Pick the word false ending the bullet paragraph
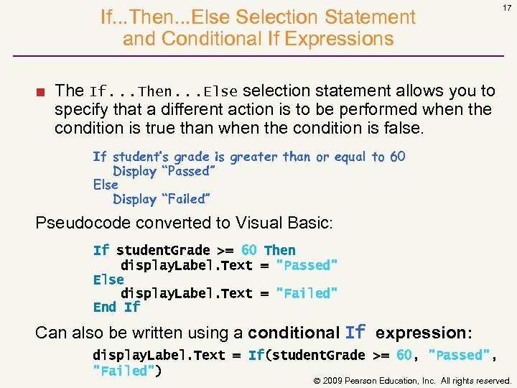point(406,128)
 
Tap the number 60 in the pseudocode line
point(397,157)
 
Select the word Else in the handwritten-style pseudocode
point(106,185)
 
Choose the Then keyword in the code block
point(279,250)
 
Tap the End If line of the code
point(116,307)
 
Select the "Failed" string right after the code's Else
point(307,293)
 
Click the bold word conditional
point(293,333)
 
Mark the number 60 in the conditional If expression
point(404,355)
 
